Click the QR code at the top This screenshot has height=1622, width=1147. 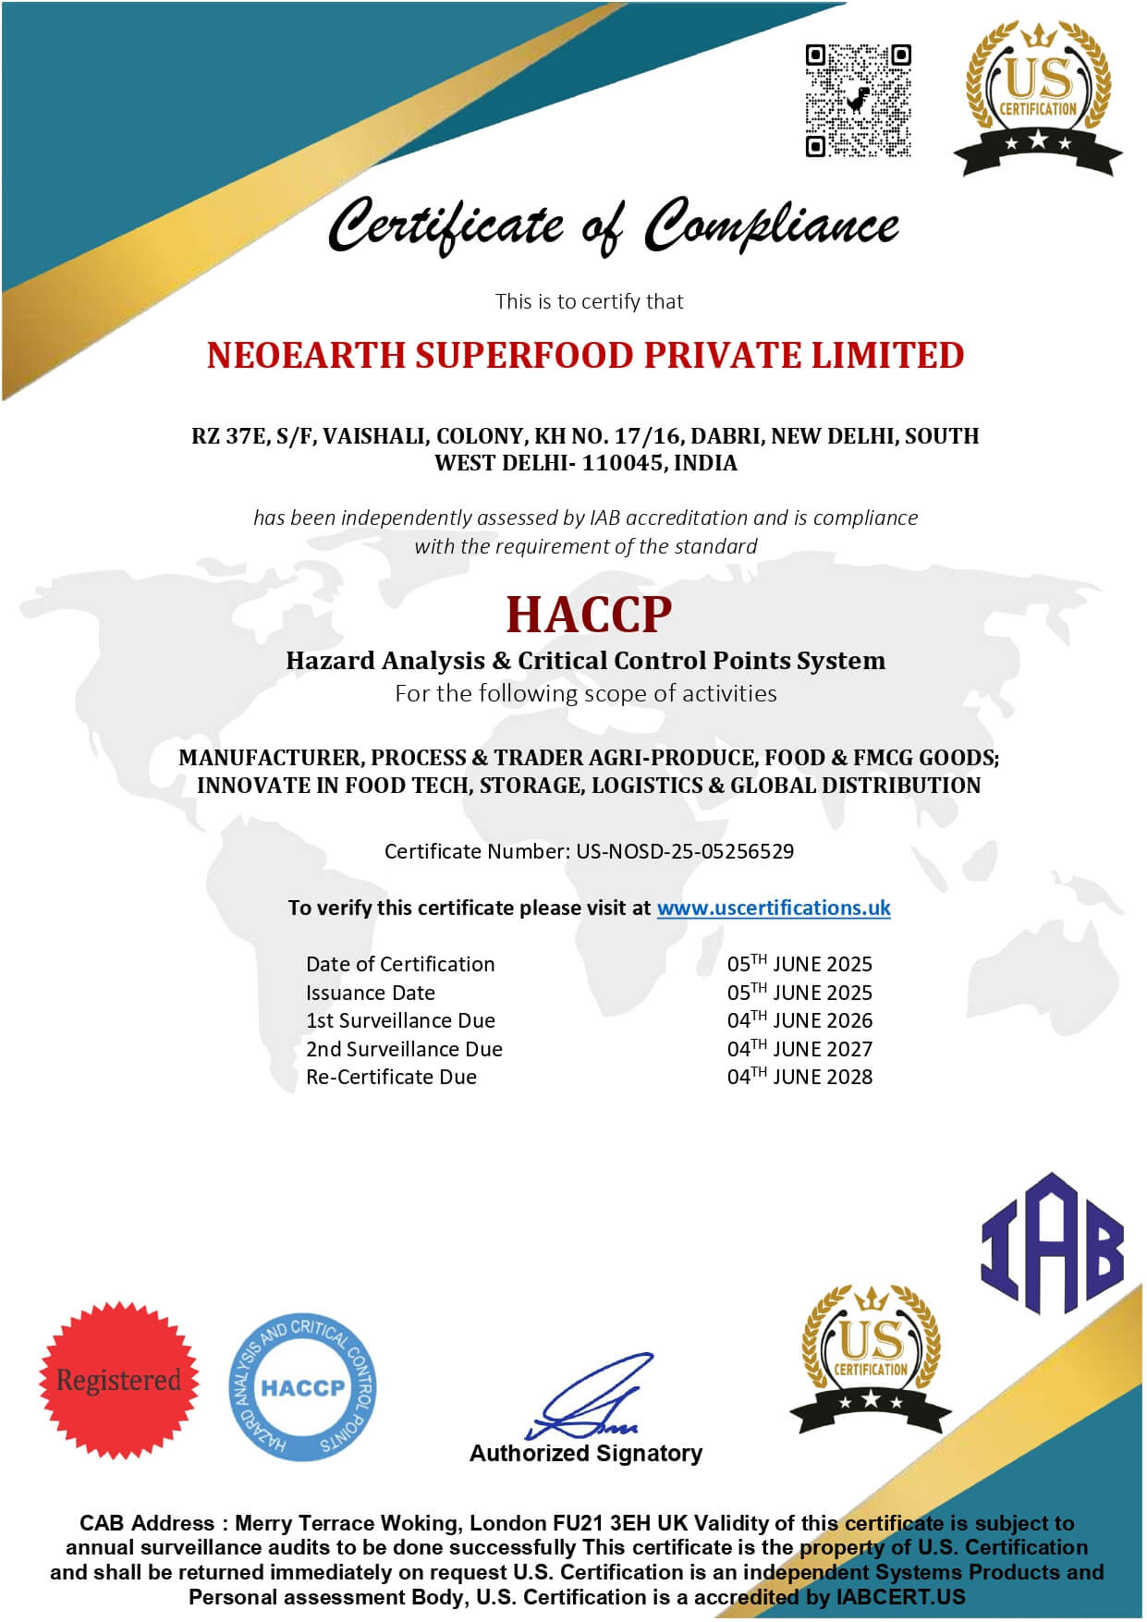[858, 100]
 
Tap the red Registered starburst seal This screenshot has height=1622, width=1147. [119, 1379]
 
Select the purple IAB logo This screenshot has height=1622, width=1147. [1052, 1244]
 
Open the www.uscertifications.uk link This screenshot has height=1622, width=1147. [774, 908]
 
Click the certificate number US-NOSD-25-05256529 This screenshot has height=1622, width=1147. [685, 851]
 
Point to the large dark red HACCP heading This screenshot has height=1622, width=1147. [589, 614]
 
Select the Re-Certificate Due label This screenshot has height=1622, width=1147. [391, 1077]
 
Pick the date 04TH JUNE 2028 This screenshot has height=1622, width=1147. [799, 1077]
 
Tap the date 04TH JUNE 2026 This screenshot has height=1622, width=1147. [799, 1020]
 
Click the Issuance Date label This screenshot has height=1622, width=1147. [371, 993]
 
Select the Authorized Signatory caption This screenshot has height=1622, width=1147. [586, 1453]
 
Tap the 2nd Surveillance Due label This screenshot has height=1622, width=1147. [404, 1049]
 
